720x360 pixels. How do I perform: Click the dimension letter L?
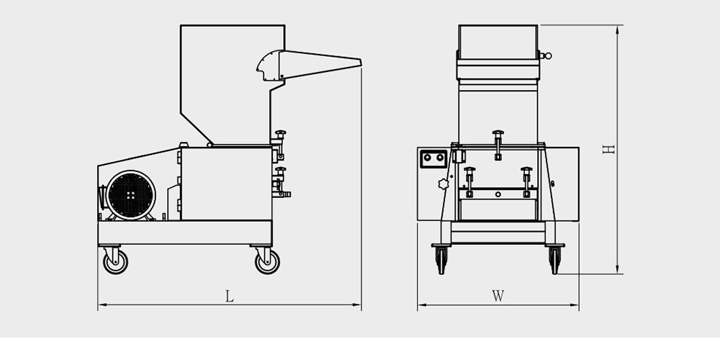click(229, 296)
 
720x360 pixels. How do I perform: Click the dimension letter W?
click(498, 295)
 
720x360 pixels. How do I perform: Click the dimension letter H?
click(609, 149)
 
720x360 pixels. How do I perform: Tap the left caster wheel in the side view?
click(114, 261)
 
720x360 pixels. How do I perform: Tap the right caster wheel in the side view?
click(267, 261)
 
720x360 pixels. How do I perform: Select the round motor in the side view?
click(130, 194)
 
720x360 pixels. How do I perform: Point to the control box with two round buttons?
click(433, 158)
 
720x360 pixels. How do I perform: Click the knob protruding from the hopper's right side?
click(546, 55)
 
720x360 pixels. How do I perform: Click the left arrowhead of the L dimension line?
click(100, 306)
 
